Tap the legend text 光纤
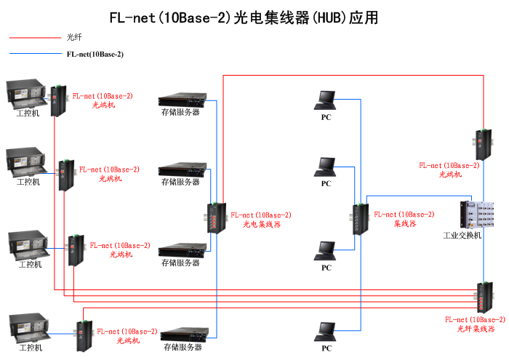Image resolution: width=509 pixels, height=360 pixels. pos(74,37)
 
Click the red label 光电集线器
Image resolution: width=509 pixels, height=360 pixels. pos(262,225)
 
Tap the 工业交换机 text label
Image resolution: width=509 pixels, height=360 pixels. pos(462,236)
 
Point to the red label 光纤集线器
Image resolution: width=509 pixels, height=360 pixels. pos(476,329)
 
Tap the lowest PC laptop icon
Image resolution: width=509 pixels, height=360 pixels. pos(325,332)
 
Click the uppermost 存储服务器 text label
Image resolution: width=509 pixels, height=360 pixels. pos(181,112)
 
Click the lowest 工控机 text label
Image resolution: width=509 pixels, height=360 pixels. pos(31,348)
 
